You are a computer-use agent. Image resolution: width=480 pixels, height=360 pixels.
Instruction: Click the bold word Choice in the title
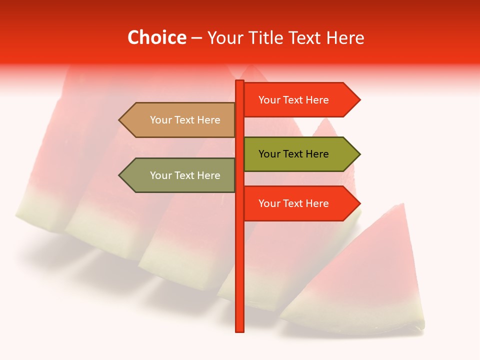pyautogui.click(x=157, y=37)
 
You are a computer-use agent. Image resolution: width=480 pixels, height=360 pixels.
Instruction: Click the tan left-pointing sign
pyautogui.click(x=180, y=120)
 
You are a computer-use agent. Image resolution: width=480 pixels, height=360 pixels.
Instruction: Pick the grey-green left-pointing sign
pyautogui.click(x=180, y=175)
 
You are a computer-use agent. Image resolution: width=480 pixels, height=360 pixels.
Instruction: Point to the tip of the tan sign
pyautogui.click(x=120, y=120)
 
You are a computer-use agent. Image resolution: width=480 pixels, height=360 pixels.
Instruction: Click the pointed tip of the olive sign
pyautogui.click(x=359, y=154)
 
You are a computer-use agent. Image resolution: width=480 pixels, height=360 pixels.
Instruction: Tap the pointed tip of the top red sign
pyautogui.click(x=359, y=99)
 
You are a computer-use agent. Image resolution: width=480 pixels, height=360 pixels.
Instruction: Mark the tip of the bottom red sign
pyautogui.click(x=359, y=203)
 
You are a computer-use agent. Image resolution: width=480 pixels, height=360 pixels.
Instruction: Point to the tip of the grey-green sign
pyautogui.click(x=120, y=175)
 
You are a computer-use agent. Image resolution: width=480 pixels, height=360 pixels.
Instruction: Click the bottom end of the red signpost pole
pyautogui.click(x=239, y=330)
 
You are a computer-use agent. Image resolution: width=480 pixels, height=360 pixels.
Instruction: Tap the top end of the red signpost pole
pyautogui.click(x=239, y=82)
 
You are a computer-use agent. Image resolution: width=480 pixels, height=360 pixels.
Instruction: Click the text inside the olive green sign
pyautogui.click(x=293, y=154)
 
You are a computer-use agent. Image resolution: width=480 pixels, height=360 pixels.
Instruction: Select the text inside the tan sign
pyautogui.click(x=185, y=120)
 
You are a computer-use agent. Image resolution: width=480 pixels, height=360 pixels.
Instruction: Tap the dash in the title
pyautogui.click(x=196, y=38)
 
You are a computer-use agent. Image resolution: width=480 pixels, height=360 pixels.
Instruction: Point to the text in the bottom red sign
pyautogui.click(x=293, y=203)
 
